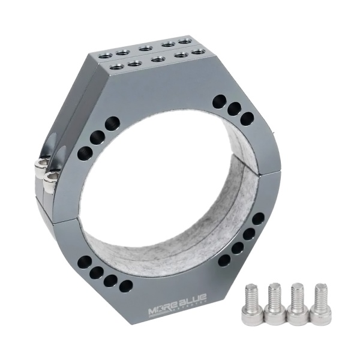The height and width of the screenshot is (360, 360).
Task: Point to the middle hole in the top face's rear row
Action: tap(145, 47)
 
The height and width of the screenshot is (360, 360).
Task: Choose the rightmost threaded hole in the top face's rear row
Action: tap(185, 41)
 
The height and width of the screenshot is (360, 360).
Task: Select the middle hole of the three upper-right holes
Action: tap(234, 110)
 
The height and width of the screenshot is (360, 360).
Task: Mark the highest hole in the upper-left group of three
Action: tap(112, 125)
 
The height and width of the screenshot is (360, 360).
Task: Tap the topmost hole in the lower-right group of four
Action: tap(259, 219)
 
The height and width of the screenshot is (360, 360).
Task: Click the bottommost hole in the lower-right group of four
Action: tap(224, 260)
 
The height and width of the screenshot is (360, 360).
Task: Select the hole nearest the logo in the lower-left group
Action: tap(125, 286)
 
